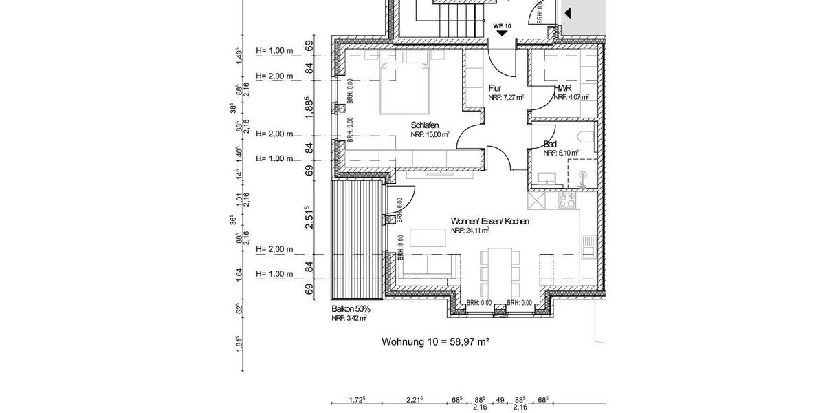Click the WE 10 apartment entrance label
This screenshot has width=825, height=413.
(502, 25)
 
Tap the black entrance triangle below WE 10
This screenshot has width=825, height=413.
(502, 32)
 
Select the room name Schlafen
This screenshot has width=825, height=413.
(425, 125)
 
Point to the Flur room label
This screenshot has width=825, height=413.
(495, 89)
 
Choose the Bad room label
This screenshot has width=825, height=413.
(550, 144)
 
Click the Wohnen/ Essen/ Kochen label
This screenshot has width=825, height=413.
(489, 221)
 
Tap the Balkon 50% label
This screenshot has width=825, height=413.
(351, 309)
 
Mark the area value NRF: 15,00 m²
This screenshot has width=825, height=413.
(430, 134)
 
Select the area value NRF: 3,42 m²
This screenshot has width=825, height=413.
(349, 318)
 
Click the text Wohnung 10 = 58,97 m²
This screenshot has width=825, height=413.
(434, 341)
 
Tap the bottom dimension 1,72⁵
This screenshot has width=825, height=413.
(357, 400)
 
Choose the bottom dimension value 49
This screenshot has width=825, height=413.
(500, 400)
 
